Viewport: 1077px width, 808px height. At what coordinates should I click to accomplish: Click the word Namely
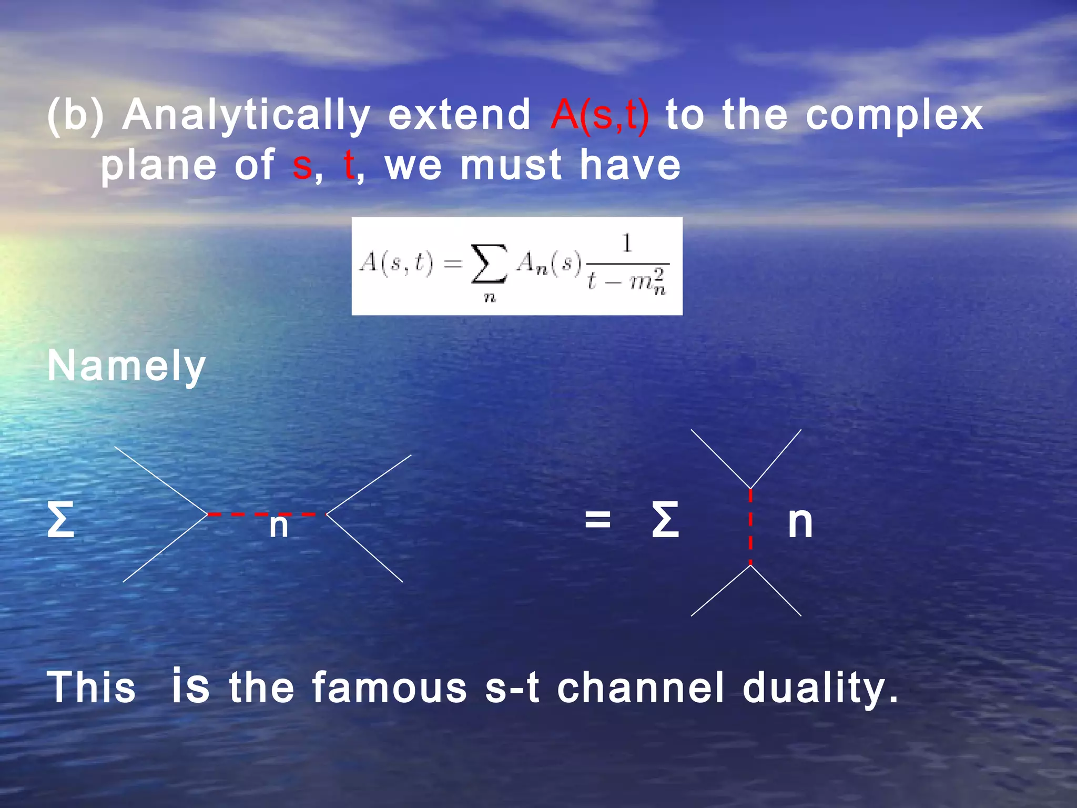(x=126, y=366)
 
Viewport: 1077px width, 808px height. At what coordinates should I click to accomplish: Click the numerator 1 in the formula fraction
(x=626, y=244)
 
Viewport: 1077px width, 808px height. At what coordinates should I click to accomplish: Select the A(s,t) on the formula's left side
(x=396, y=262)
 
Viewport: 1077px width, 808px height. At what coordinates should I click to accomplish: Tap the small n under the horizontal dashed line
(x=279, y=526)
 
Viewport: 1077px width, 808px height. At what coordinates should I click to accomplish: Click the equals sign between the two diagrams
(x=598, y=520)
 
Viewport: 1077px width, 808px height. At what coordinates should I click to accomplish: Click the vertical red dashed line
(x=750, y=526)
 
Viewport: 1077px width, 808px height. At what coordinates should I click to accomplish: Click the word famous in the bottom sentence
(x=390, y=688)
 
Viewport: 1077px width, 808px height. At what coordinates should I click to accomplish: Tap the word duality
(x=820, y=688)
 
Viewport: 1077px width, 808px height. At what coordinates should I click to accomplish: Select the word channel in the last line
(x=641, y=688)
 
